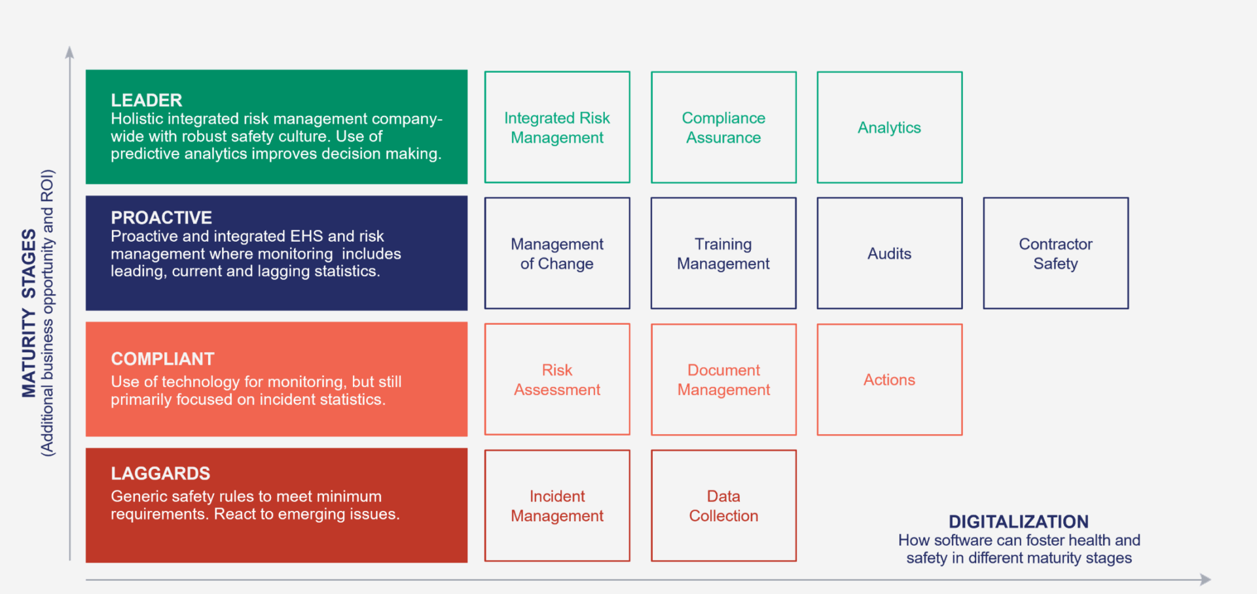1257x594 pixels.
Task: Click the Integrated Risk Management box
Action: (x=557, y=127)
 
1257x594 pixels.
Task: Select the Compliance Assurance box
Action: (x=723, y=127)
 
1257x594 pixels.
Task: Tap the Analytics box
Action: (x=890, y=127)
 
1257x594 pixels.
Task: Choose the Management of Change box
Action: (x=557, y=253)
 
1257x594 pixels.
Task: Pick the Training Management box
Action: (x=723, y=253)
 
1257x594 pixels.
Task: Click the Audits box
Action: (x=890, y=253)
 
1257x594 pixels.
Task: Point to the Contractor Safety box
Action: (x=1056, y=253)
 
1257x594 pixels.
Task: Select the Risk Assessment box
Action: (x=557, y=379)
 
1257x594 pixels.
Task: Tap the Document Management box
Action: (x=723, y=379)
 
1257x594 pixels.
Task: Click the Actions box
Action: (x=890, y=379)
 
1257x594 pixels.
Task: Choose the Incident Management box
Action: (x=557, y=506)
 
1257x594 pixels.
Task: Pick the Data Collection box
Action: (x=723, y=506)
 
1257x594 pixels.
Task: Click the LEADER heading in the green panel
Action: (x=147, y=100)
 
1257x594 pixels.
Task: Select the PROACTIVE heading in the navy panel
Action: (x=162, y=217)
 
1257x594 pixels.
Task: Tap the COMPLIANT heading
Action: (x=163, y=359)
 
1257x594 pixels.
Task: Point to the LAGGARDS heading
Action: (x=160, y=473)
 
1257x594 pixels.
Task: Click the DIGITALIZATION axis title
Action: (x=1019, y=522)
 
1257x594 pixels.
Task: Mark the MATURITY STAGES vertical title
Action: (x=29, y=313)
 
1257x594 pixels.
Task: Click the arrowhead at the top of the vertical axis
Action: (x=70, y=52)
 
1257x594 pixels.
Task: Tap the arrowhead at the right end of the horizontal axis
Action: (x=1205, y=580)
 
